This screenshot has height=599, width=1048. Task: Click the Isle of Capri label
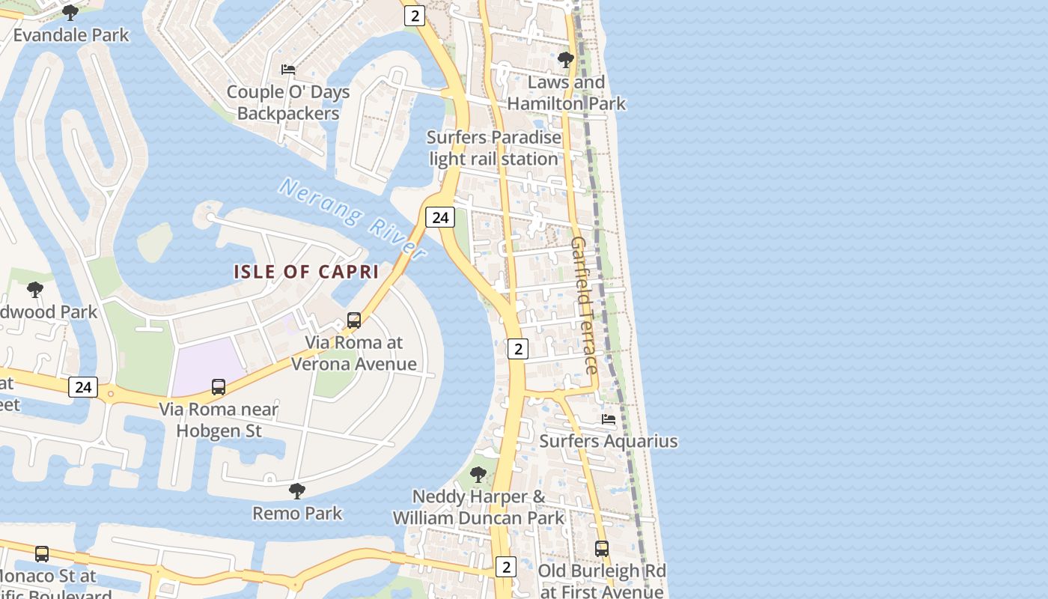tap(306, 272)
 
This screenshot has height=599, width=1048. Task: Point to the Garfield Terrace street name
tap(584, 305)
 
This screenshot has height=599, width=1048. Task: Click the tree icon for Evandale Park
tap(70, 13)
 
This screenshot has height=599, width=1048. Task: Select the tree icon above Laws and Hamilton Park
tap(566, 59)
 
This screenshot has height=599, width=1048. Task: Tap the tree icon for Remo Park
tap(297, 491)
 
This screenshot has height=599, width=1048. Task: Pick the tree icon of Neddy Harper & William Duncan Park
tap(478, 475)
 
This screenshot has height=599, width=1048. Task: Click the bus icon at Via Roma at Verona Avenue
tap(354, 320)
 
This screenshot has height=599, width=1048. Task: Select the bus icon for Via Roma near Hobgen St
tap(219, 387)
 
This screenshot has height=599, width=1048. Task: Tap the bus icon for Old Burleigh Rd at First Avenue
tap(601, 548)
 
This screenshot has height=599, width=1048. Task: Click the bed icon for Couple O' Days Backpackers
tap(288, 70)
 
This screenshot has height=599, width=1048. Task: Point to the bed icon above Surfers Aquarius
tap(609, 419)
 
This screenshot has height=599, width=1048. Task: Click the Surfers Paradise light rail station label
tap(493, 148)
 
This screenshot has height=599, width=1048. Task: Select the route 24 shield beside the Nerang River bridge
tap(440, 217)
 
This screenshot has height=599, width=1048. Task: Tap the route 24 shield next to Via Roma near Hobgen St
tap(82, 387)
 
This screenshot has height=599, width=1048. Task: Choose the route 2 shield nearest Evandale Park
tap(415, 15)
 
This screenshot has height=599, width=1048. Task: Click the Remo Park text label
tap(297, 514)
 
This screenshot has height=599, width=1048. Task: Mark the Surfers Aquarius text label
tap(609, 441)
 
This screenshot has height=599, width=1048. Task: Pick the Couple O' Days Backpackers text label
tap(288, 103)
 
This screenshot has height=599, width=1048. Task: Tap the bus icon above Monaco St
tap(42, 554)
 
